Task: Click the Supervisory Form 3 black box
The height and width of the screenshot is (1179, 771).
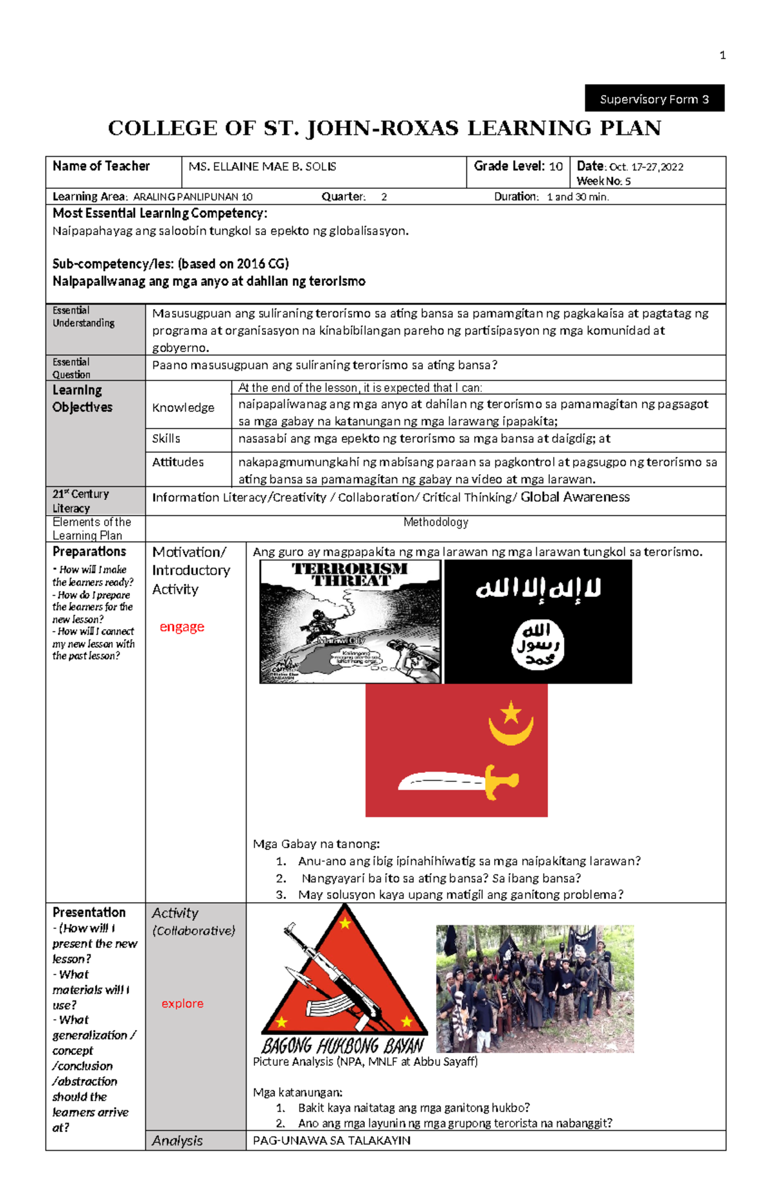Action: pyautogui.click(x=654, y=98)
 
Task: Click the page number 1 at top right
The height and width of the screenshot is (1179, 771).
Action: pyautogui.click(x=722, y=56)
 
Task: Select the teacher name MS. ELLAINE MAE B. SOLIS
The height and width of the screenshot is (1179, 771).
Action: pyautogui.click(x=262, y=167)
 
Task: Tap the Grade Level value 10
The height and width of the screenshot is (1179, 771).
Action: pyautogui.click(x=556, y=167)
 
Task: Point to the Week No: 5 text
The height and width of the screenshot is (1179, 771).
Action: pyautogui.click(x=603, y=181)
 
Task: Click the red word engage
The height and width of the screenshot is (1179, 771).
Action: pyautogui.click(x=182, y=627)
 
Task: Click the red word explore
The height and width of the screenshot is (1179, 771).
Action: pyautogui.click(x=182, y=1004)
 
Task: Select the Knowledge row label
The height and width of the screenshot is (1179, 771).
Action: pyautogui.click(x=183, y=408)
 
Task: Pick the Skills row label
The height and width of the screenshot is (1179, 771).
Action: pyautogui.click(x=166, y=439)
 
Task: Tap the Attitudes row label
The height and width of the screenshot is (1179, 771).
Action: pyautogui.click(x=178, y=463)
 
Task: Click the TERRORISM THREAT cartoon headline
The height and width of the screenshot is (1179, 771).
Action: pyautogui.click(x=350, y=574)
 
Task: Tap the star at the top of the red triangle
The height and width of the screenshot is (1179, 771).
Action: pyautogui.click(x=345, y=924)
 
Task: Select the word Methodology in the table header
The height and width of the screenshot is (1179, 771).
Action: pyautogui.click(x=436, y=522)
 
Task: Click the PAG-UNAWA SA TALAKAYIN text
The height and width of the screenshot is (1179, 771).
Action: pyautogui.click(x=332, y=1140)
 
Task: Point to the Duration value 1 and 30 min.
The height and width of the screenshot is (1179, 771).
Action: pyautogui.click(x=578, y=197)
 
